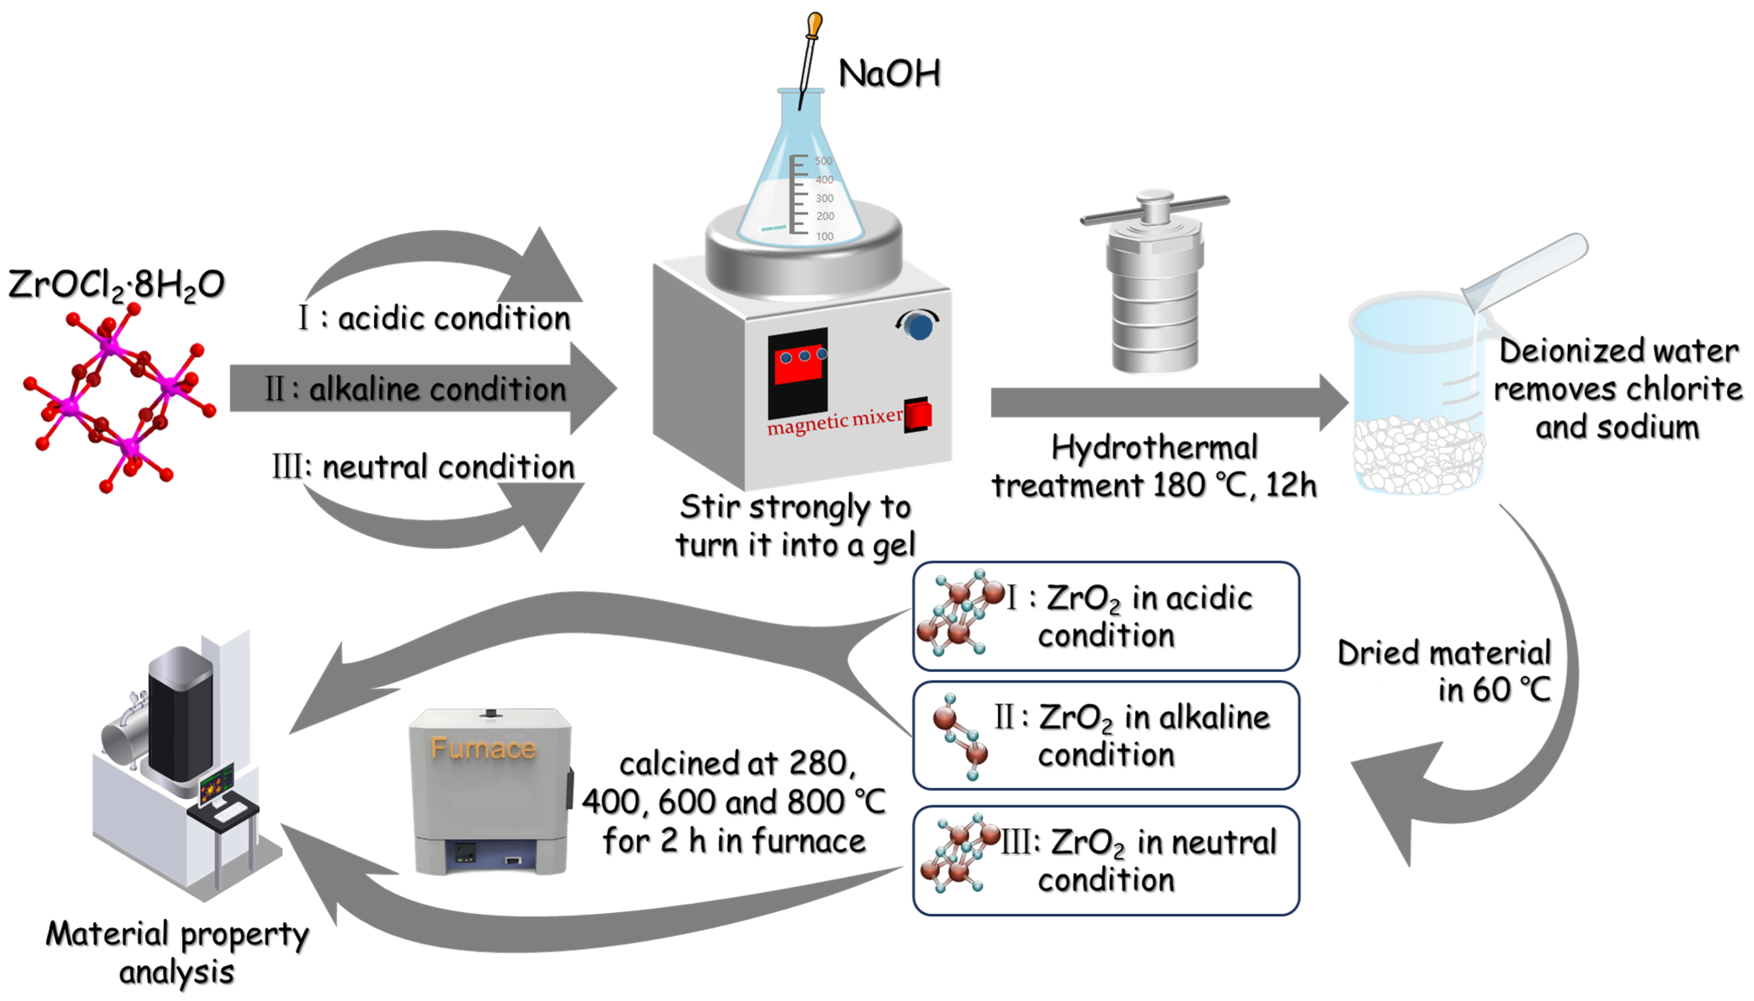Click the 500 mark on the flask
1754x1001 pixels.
click(x=823, y=161)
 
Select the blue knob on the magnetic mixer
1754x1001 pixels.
click(x=918, y=326)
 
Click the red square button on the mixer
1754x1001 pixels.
click(x=917, y=414)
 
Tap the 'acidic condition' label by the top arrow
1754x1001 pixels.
click(x=454, y=319)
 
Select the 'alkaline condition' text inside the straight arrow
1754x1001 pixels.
click(x=437, y=389)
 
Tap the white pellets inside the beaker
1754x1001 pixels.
click(x=1416, y=454)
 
